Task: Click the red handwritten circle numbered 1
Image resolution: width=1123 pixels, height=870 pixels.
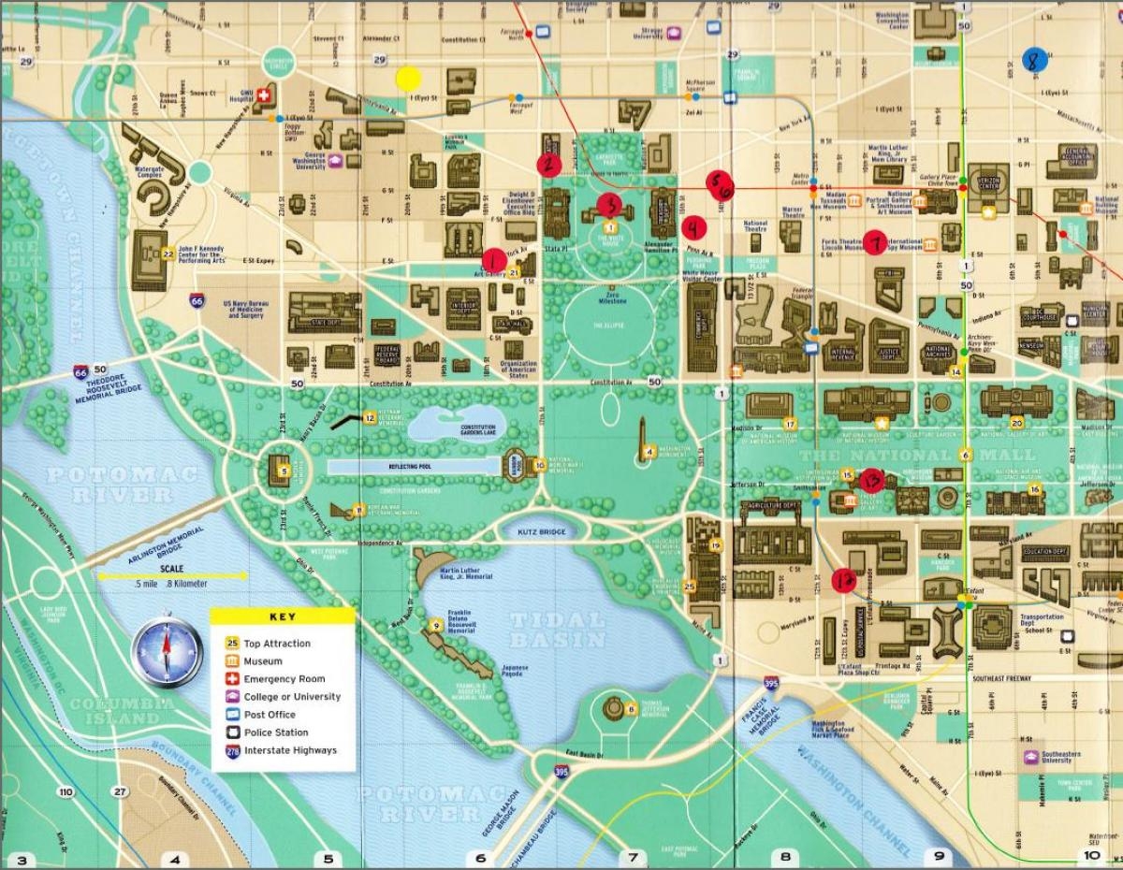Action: tap(492, 260)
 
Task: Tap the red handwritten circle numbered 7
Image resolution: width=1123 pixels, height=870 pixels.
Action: tap(876, 241)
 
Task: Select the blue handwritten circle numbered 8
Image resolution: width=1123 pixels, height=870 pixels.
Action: tap(1034, 60)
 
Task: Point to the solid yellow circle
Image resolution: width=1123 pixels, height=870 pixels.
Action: tap(408, 79)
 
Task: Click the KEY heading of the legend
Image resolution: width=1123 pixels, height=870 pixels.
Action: tap(282, 616)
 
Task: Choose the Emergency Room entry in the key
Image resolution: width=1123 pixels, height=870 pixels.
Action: tap(284, 679)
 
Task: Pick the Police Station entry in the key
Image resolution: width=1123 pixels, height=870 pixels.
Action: tap(276, 732)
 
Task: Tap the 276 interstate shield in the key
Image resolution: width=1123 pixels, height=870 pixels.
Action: tap(231, 751)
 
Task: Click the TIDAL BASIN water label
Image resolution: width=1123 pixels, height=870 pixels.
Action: tap(558, 630)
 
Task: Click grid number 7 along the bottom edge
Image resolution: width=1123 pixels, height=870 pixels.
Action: tap(634, 857)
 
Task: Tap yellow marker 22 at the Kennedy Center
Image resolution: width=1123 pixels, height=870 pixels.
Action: tap(167, 253)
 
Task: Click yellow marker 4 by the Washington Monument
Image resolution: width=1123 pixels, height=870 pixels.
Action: tap(648, 454)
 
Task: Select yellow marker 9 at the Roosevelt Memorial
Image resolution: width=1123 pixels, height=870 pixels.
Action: tap(435, 625)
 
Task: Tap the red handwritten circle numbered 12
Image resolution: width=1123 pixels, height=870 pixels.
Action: tap(844, 579)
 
